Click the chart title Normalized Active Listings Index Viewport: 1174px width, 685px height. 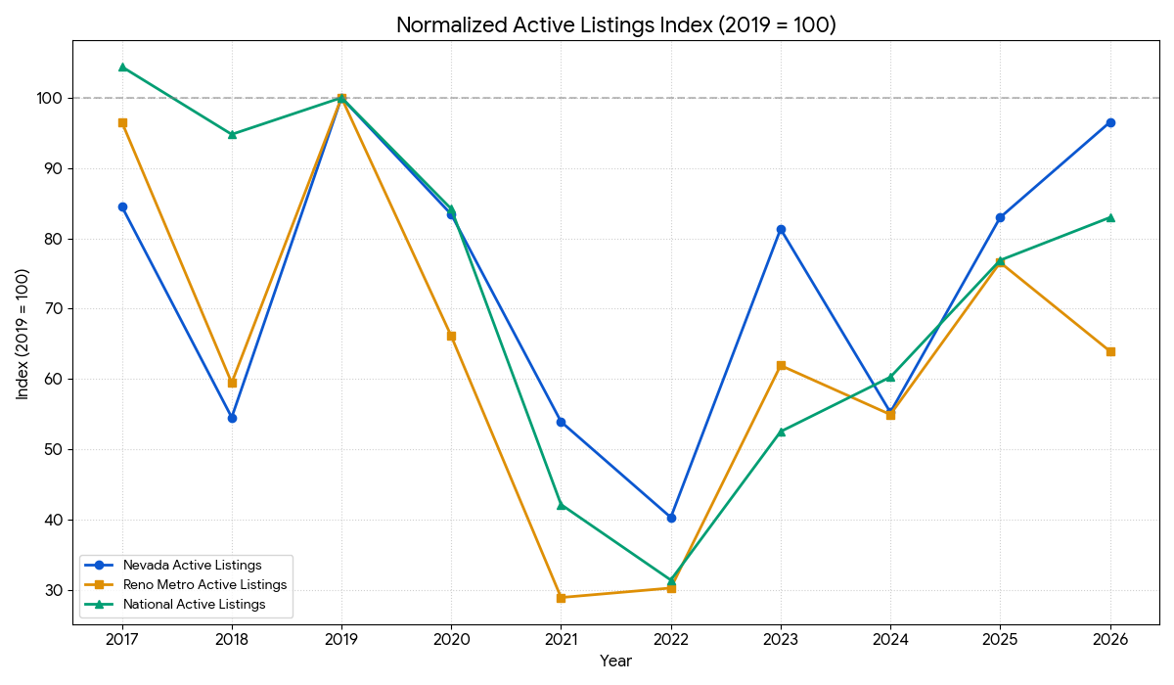[615, 25]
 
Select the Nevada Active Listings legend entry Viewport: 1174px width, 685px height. [192, 565]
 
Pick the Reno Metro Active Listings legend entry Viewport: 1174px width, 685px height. [204, 584]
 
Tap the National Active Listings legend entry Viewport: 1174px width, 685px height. [194, 605]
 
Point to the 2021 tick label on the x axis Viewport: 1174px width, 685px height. [561, 640]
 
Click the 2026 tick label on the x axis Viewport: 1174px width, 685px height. [1110, 640]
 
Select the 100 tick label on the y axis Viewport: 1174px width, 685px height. [51, 98]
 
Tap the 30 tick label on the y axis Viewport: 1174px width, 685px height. [54, 590]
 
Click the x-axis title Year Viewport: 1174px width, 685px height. [615, 662]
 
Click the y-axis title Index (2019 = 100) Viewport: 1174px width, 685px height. [23, 334]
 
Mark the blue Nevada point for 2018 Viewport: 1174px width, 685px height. [232, 418]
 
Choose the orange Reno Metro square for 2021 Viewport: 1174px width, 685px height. [561, 597]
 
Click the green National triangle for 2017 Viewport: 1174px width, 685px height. [122, 67]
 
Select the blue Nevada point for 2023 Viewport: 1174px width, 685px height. [781, 229]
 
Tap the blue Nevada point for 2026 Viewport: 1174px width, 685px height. [1110, 122]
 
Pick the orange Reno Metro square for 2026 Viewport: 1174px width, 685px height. [1110, 351]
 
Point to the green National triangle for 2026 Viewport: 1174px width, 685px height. [1110, 217]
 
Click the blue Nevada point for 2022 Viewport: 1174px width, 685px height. [671, 518]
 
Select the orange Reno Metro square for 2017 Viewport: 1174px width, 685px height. [122, 122]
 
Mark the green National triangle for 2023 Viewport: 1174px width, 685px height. [781, 432]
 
